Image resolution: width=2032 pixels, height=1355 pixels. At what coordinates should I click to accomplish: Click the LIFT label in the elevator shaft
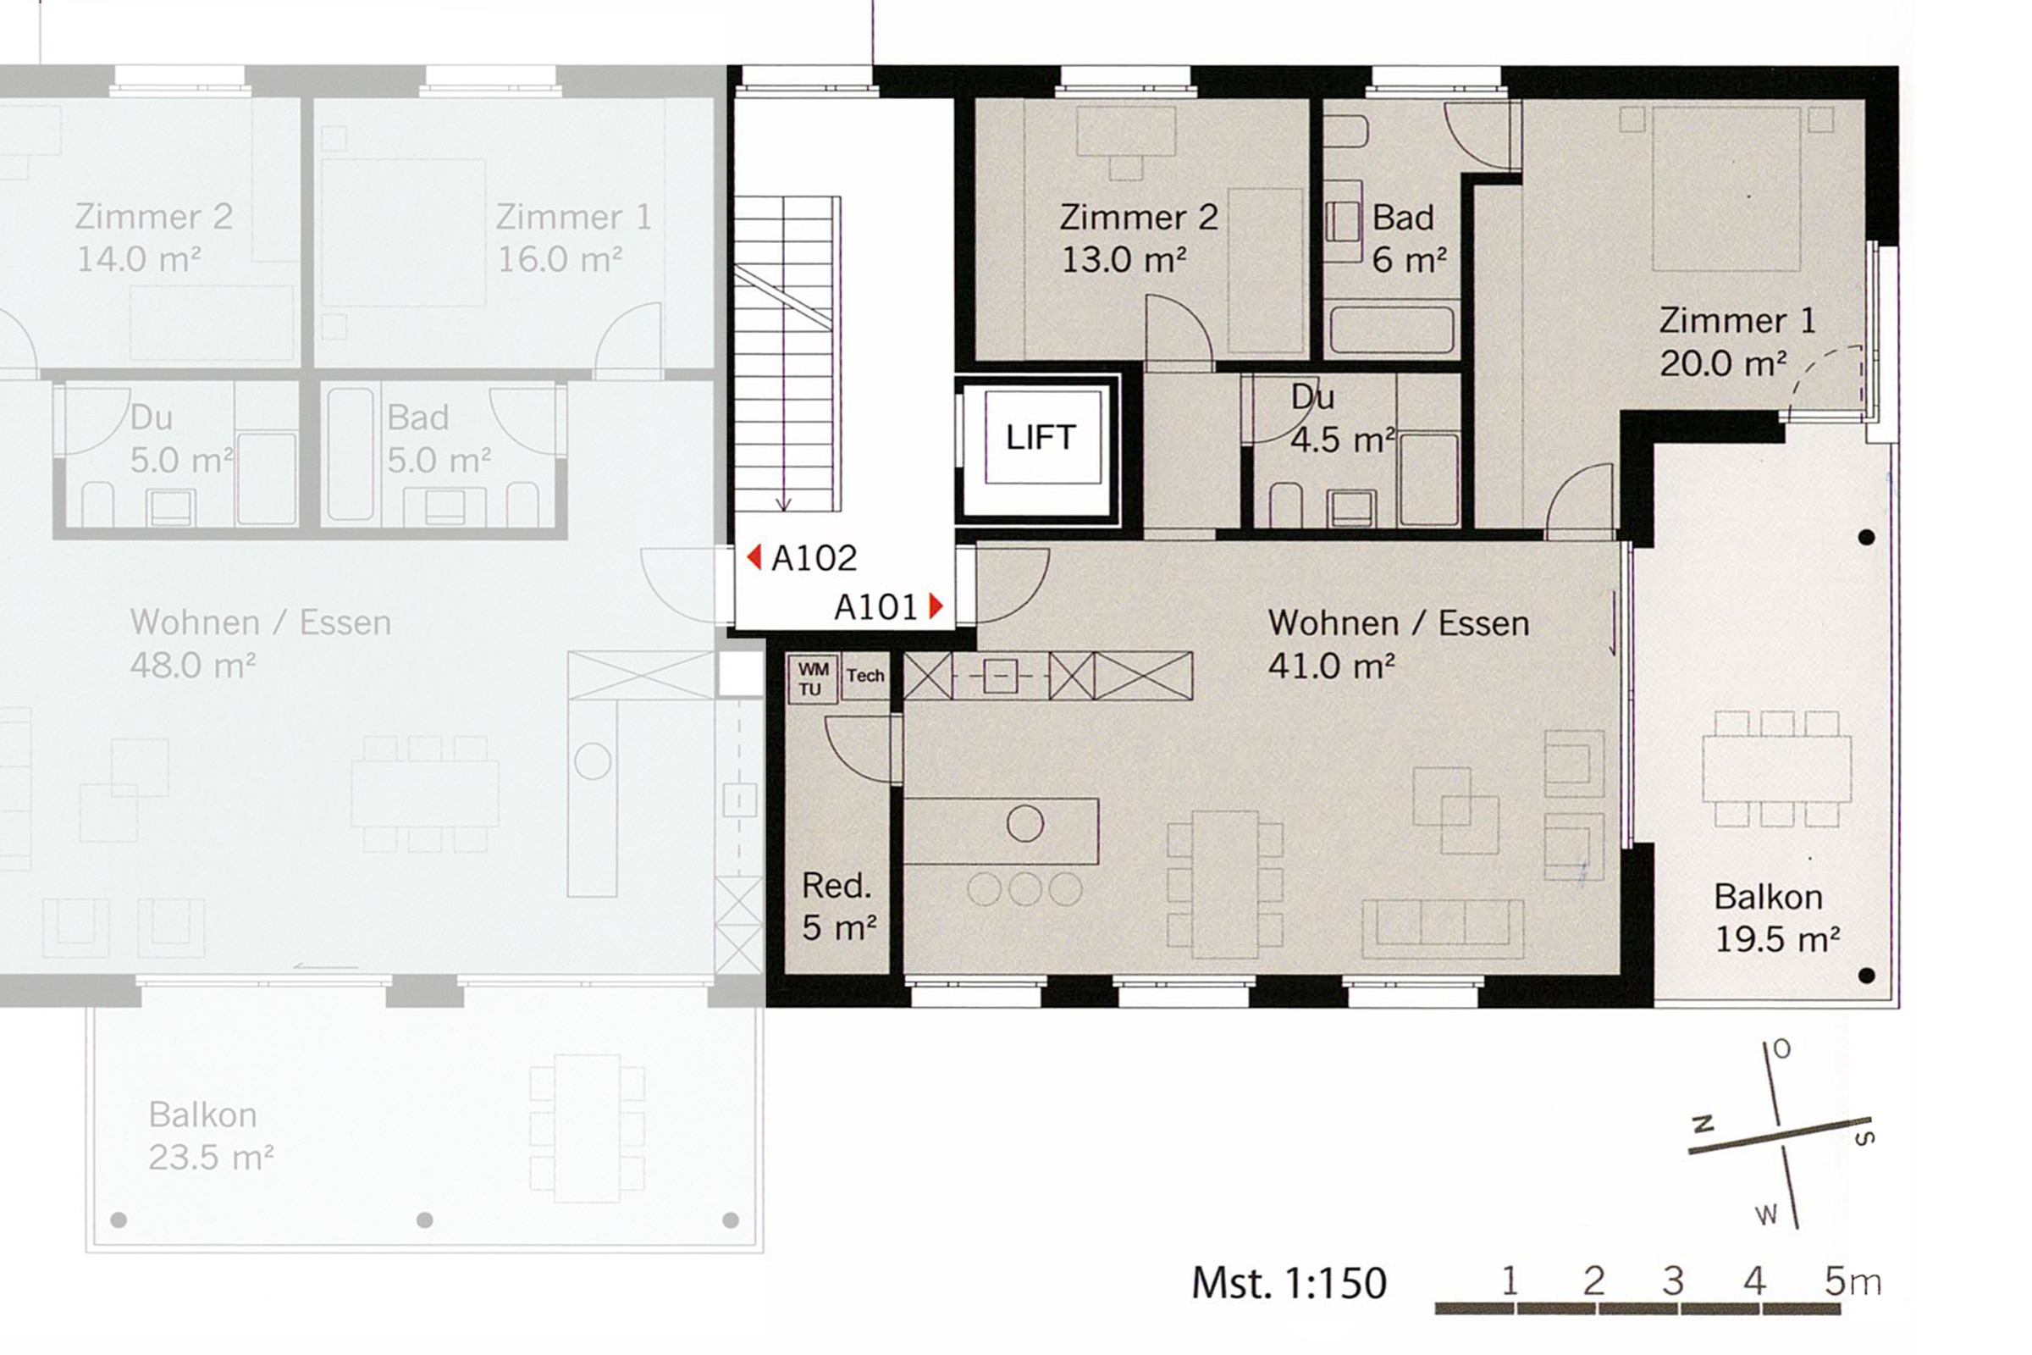pos(1041,437)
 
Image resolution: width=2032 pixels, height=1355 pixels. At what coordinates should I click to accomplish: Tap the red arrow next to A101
pos(936,606)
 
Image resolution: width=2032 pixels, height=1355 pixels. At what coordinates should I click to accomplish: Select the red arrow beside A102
pos(754,557)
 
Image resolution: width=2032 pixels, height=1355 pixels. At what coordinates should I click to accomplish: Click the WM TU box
pos(812,678)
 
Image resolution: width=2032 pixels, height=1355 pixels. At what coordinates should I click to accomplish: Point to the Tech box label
pos(864,676)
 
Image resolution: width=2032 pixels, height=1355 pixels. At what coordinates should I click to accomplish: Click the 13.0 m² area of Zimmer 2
pos(1123,259)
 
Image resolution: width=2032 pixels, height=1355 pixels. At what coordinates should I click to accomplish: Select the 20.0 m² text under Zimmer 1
pos(1722,364)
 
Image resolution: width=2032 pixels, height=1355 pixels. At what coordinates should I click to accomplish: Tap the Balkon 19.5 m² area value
pos(1776,939)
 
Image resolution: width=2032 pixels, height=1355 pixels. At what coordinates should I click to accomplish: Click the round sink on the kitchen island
pos(1024,823)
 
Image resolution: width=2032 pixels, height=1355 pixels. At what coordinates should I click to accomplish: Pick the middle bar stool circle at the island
pos(1024,889)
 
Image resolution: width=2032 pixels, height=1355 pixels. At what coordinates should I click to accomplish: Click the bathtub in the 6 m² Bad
pos(1391,329)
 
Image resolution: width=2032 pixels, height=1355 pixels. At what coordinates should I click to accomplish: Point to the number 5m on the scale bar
pos(1852,1280)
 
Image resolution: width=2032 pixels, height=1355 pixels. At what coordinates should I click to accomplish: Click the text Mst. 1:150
pos(1288,1283)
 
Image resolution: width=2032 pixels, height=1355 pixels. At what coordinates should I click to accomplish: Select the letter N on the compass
pos(1703,1125)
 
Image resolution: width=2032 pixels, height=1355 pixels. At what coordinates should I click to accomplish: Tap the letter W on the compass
pos(1766,1215)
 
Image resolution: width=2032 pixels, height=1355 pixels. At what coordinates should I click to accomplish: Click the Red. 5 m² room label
pos(837,905)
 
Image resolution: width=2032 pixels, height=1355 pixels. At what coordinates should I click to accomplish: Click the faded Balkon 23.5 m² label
pos(210,1136)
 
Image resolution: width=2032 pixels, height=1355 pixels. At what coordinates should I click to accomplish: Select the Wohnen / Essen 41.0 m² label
pos(1397,644)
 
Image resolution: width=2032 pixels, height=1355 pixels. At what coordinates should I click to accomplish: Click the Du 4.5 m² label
pos(1339,419)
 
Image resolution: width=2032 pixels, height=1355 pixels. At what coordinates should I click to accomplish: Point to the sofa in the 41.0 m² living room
pos(1442,928)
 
